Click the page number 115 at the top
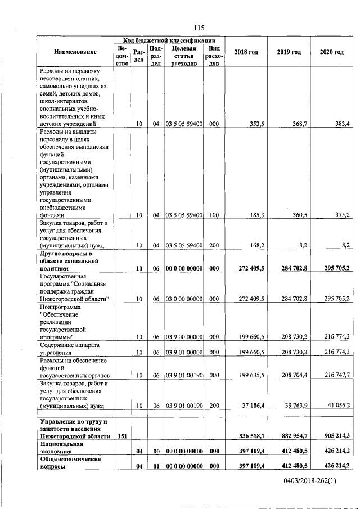[198, 28]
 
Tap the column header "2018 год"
[246, 52]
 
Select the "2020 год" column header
[331, 52]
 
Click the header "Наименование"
[75, 52]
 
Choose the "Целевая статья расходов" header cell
[183, 56]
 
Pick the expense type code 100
[214, 215]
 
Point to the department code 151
[122, 436]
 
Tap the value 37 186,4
[251, 405]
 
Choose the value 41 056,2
[336, 405]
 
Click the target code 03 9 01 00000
[183, 352]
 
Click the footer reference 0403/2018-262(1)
[306, 482]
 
